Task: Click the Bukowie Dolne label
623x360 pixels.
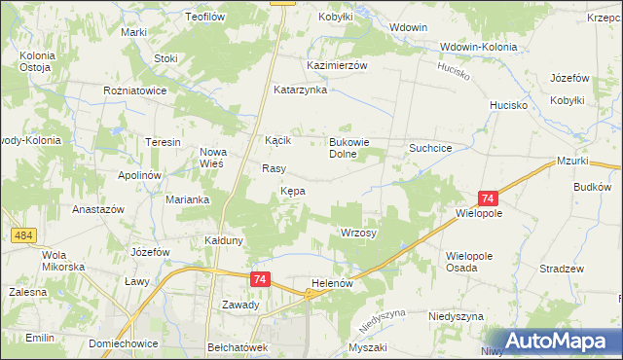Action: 348,147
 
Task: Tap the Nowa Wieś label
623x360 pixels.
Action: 212,157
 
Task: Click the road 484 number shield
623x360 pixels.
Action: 24,234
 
